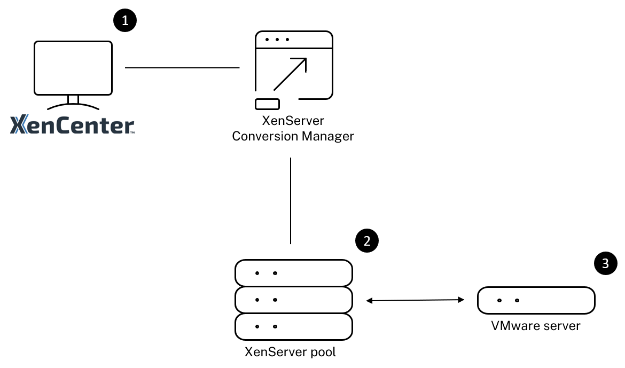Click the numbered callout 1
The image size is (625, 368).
point(125,21)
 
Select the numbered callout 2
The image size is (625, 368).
point(366,241)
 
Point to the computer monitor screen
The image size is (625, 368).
point(73,67)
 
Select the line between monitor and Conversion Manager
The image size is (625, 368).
point(182,68)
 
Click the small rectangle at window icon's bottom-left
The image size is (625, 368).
point(267,104)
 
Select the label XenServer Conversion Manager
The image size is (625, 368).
point(293,129)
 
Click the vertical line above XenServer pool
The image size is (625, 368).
point(290,200)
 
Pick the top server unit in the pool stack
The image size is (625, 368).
point(293,273)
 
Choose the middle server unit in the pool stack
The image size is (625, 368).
point(293,299)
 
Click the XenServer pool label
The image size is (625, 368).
point(290,353)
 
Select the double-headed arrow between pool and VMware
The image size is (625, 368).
point(415,301)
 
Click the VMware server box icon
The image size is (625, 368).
point(536,300)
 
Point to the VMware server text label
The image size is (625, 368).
point(535,325)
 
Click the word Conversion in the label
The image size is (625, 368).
point(265,136)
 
